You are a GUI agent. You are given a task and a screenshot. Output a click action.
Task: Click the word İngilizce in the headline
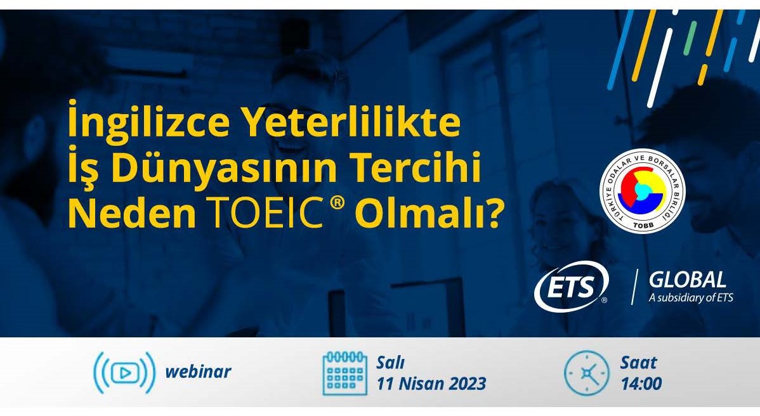click(x=148, y=122)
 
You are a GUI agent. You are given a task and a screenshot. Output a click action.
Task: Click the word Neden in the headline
click(x=132, y=214)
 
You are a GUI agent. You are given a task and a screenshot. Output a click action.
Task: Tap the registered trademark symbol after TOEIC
click(x=337, y=204)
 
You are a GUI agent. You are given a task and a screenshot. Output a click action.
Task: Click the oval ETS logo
click(x=572, y=286)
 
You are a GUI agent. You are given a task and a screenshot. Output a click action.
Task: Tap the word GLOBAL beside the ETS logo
click(x=687, y=280)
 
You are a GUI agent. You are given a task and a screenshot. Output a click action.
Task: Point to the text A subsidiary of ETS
click(x=691, y=297)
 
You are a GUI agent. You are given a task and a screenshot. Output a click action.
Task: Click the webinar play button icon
click(x=124, y=372)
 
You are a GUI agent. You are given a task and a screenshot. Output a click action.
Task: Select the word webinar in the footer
click(x=198, y=372)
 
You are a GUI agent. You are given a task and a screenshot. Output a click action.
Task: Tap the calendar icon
click(x=344, y=373)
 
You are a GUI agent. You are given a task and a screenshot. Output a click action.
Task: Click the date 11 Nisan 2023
click(x=431, y=384)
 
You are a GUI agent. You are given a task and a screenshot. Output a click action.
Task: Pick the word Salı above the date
click(x=391, y=362)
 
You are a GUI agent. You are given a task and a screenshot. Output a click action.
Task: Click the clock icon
click(x=586, y=373)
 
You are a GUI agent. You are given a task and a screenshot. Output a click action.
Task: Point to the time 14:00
click(x=641, y=384)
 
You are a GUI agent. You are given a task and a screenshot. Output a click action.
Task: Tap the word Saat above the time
click(x=639, y=362)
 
